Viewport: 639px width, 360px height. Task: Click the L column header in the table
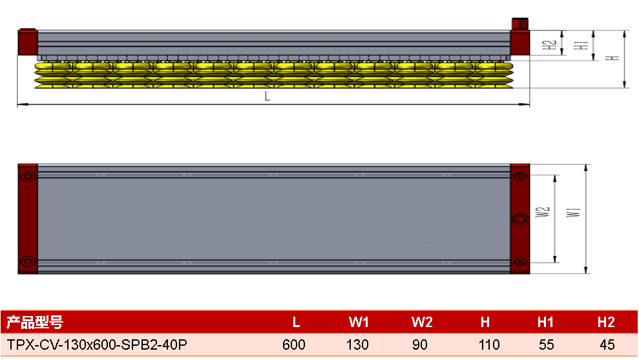click(297, 323)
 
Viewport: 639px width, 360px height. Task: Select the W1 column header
click(359, 323)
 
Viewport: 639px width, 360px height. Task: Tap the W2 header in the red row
click(422, 323)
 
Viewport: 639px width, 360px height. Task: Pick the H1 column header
click(545, 323)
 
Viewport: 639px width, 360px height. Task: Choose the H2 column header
click(606, 323)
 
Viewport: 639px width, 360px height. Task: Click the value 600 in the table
click(294, 345)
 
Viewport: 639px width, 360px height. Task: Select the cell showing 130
click(357, 345)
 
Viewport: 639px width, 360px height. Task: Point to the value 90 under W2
click(420, 345)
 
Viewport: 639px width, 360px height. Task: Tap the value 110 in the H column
click(489, 345)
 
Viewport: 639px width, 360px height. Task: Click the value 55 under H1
click(546, 345)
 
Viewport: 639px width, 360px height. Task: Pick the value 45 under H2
click(607, 345)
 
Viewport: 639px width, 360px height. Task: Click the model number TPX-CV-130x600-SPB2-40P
click(97, 345)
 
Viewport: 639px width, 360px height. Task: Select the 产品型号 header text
click(35, 323)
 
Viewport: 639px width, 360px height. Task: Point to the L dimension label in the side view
click(267, 97)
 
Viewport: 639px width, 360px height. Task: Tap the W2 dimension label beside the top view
click(543, 212)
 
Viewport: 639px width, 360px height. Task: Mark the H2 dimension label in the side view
click(549, 45)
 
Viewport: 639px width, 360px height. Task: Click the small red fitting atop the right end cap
click(520, 24)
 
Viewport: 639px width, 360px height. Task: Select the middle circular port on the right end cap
click(520, 219)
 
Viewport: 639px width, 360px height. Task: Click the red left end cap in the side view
click(28, 42)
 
